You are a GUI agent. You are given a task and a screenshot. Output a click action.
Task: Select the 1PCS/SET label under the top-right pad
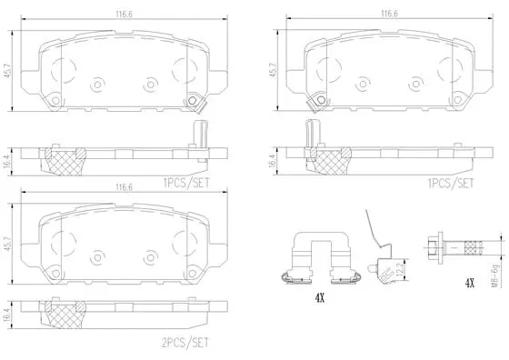(x=452, y=183)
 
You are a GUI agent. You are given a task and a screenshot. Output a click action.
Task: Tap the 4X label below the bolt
(x=470, y=284)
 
